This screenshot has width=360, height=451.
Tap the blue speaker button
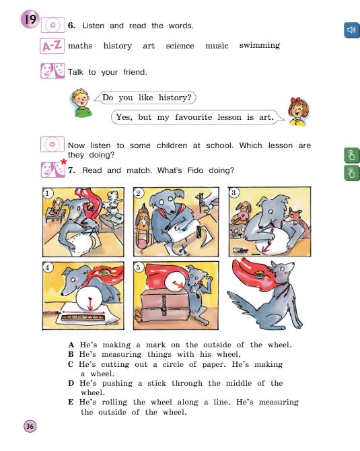(351, 30)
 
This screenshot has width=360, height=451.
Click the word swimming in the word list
(259, 46)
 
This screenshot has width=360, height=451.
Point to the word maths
(80, 46)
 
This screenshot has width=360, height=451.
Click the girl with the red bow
(297, 111)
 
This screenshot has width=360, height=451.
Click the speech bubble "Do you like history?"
(147, 98)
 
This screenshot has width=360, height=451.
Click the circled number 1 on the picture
(48, 193)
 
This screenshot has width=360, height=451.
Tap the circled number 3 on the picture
(233, 193)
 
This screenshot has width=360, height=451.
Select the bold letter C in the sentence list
(71, 364)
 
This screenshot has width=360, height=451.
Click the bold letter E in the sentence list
(71, 402)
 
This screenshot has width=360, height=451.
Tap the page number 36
(30, 425)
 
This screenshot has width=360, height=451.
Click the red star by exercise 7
(64, 162)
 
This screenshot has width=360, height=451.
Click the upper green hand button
(351, 155)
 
